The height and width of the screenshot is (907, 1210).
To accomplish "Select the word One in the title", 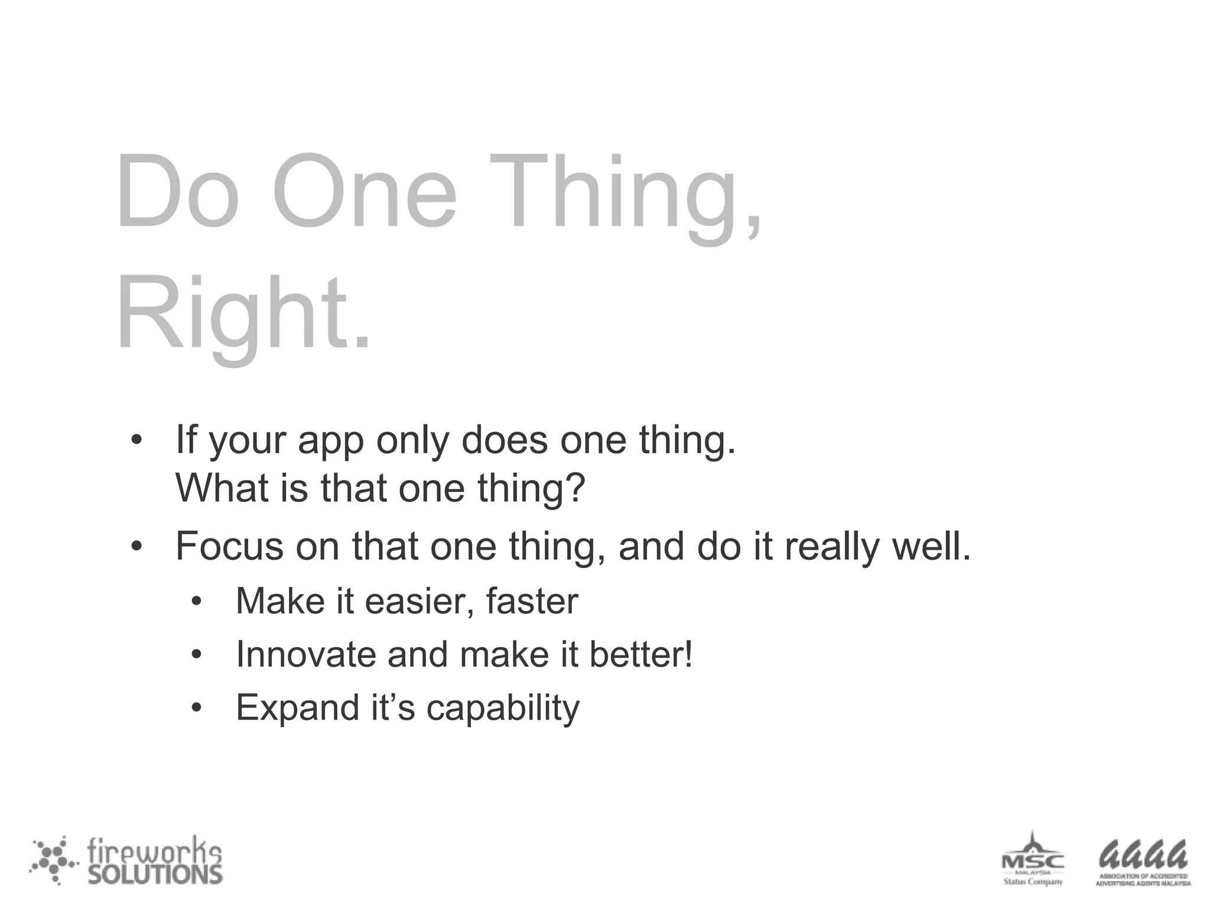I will tap(364, 192).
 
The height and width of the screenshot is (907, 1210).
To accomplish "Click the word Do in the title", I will tap(177, 192).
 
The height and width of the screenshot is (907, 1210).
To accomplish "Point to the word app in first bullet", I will tap(330, 442).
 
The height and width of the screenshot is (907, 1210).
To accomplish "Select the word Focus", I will tap(230, 546).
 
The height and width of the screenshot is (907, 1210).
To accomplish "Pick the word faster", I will tap(532, 601).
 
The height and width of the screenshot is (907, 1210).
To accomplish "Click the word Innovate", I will tap(305, 654).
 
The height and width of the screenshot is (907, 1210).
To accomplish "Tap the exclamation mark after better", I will tap(687, 654).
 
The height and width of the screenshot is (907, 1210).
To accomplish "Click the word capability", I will tap(503, 709).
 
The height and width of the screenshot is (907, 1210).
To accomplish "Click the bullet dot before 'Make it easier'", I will tap(197, 602).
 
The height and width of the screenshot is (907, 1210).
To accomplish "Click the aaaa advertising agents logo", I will tap(1143, 862).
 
